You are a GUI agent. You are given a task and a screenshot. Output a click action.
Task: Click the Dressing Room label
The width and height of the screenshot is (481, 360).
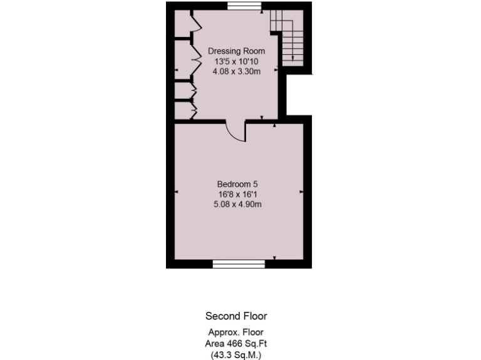click(x=236, y=51)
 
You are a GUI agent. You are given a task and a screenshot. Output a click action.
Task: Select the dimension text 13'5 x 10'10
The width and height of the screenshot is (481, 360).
click(x=236, y=61)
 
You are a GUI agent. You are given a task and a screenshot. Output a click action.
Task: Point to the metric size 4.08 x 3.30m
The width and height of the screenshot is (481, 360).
click(x=236, y=71)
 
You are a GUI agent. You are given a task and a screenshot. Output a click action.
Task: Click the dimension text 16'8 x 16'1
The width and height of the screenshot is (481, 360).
click(x=237, y=194)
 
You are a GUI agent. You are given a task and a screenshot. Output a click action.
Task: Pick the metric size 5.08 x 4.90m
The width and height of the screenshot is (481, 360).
click(x=237, y=204)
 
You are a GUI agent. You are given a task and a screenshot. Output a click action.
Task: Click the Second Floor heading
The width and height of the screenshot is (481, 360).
click(x=236, y=316)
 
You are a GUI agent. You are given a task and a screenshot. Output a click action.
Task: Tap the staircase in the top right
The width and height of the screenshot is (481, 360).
click(x=287, y=37)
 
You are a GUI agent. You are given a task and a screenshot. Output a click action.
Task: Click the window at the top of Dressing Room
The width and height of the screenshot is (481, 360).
click(x=244, y=6)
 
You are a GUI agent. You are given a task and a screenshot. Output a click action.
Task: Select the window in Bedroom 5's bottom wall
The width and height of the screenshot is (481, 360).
click(x=239, y=264)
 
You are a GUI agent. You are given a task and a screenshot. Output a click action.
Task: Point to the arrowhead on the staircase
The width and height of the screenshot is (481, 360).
click(x=293, y=57)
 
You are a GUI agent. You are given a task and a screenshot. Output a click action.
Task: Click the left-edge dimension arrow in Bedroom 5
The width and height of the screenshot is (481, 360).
click(x=177, y=191)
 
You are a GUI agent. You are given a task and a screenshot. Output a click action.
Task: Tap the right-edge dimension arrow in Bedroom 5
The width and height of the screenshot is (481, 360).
click(x=301, y=191)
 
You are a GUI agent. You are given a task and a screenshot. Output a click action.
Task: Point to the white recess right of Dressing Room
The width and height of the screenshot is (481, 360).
click(x=299, y=95)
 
